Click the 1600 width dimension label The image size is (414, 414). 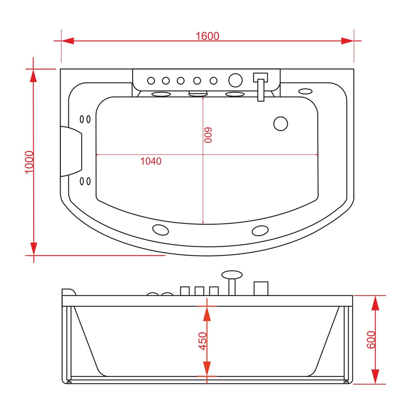pos(207,36)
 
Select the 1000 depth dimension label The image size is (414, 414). pos(29,162)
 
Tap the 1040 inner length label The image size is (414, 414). pos(151,161)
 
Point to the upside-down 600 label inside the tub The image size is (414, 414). pos(208,135)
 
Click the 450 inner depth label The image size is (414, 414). pos(202,341)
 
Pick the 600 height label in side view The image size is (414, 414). pos(371,340)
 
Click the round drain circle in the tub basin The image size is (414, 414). pos(281,124)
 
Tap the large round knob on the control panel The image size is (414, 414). pos(235,80)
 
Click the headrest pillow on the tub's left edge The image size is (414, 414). pos(71,152)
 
